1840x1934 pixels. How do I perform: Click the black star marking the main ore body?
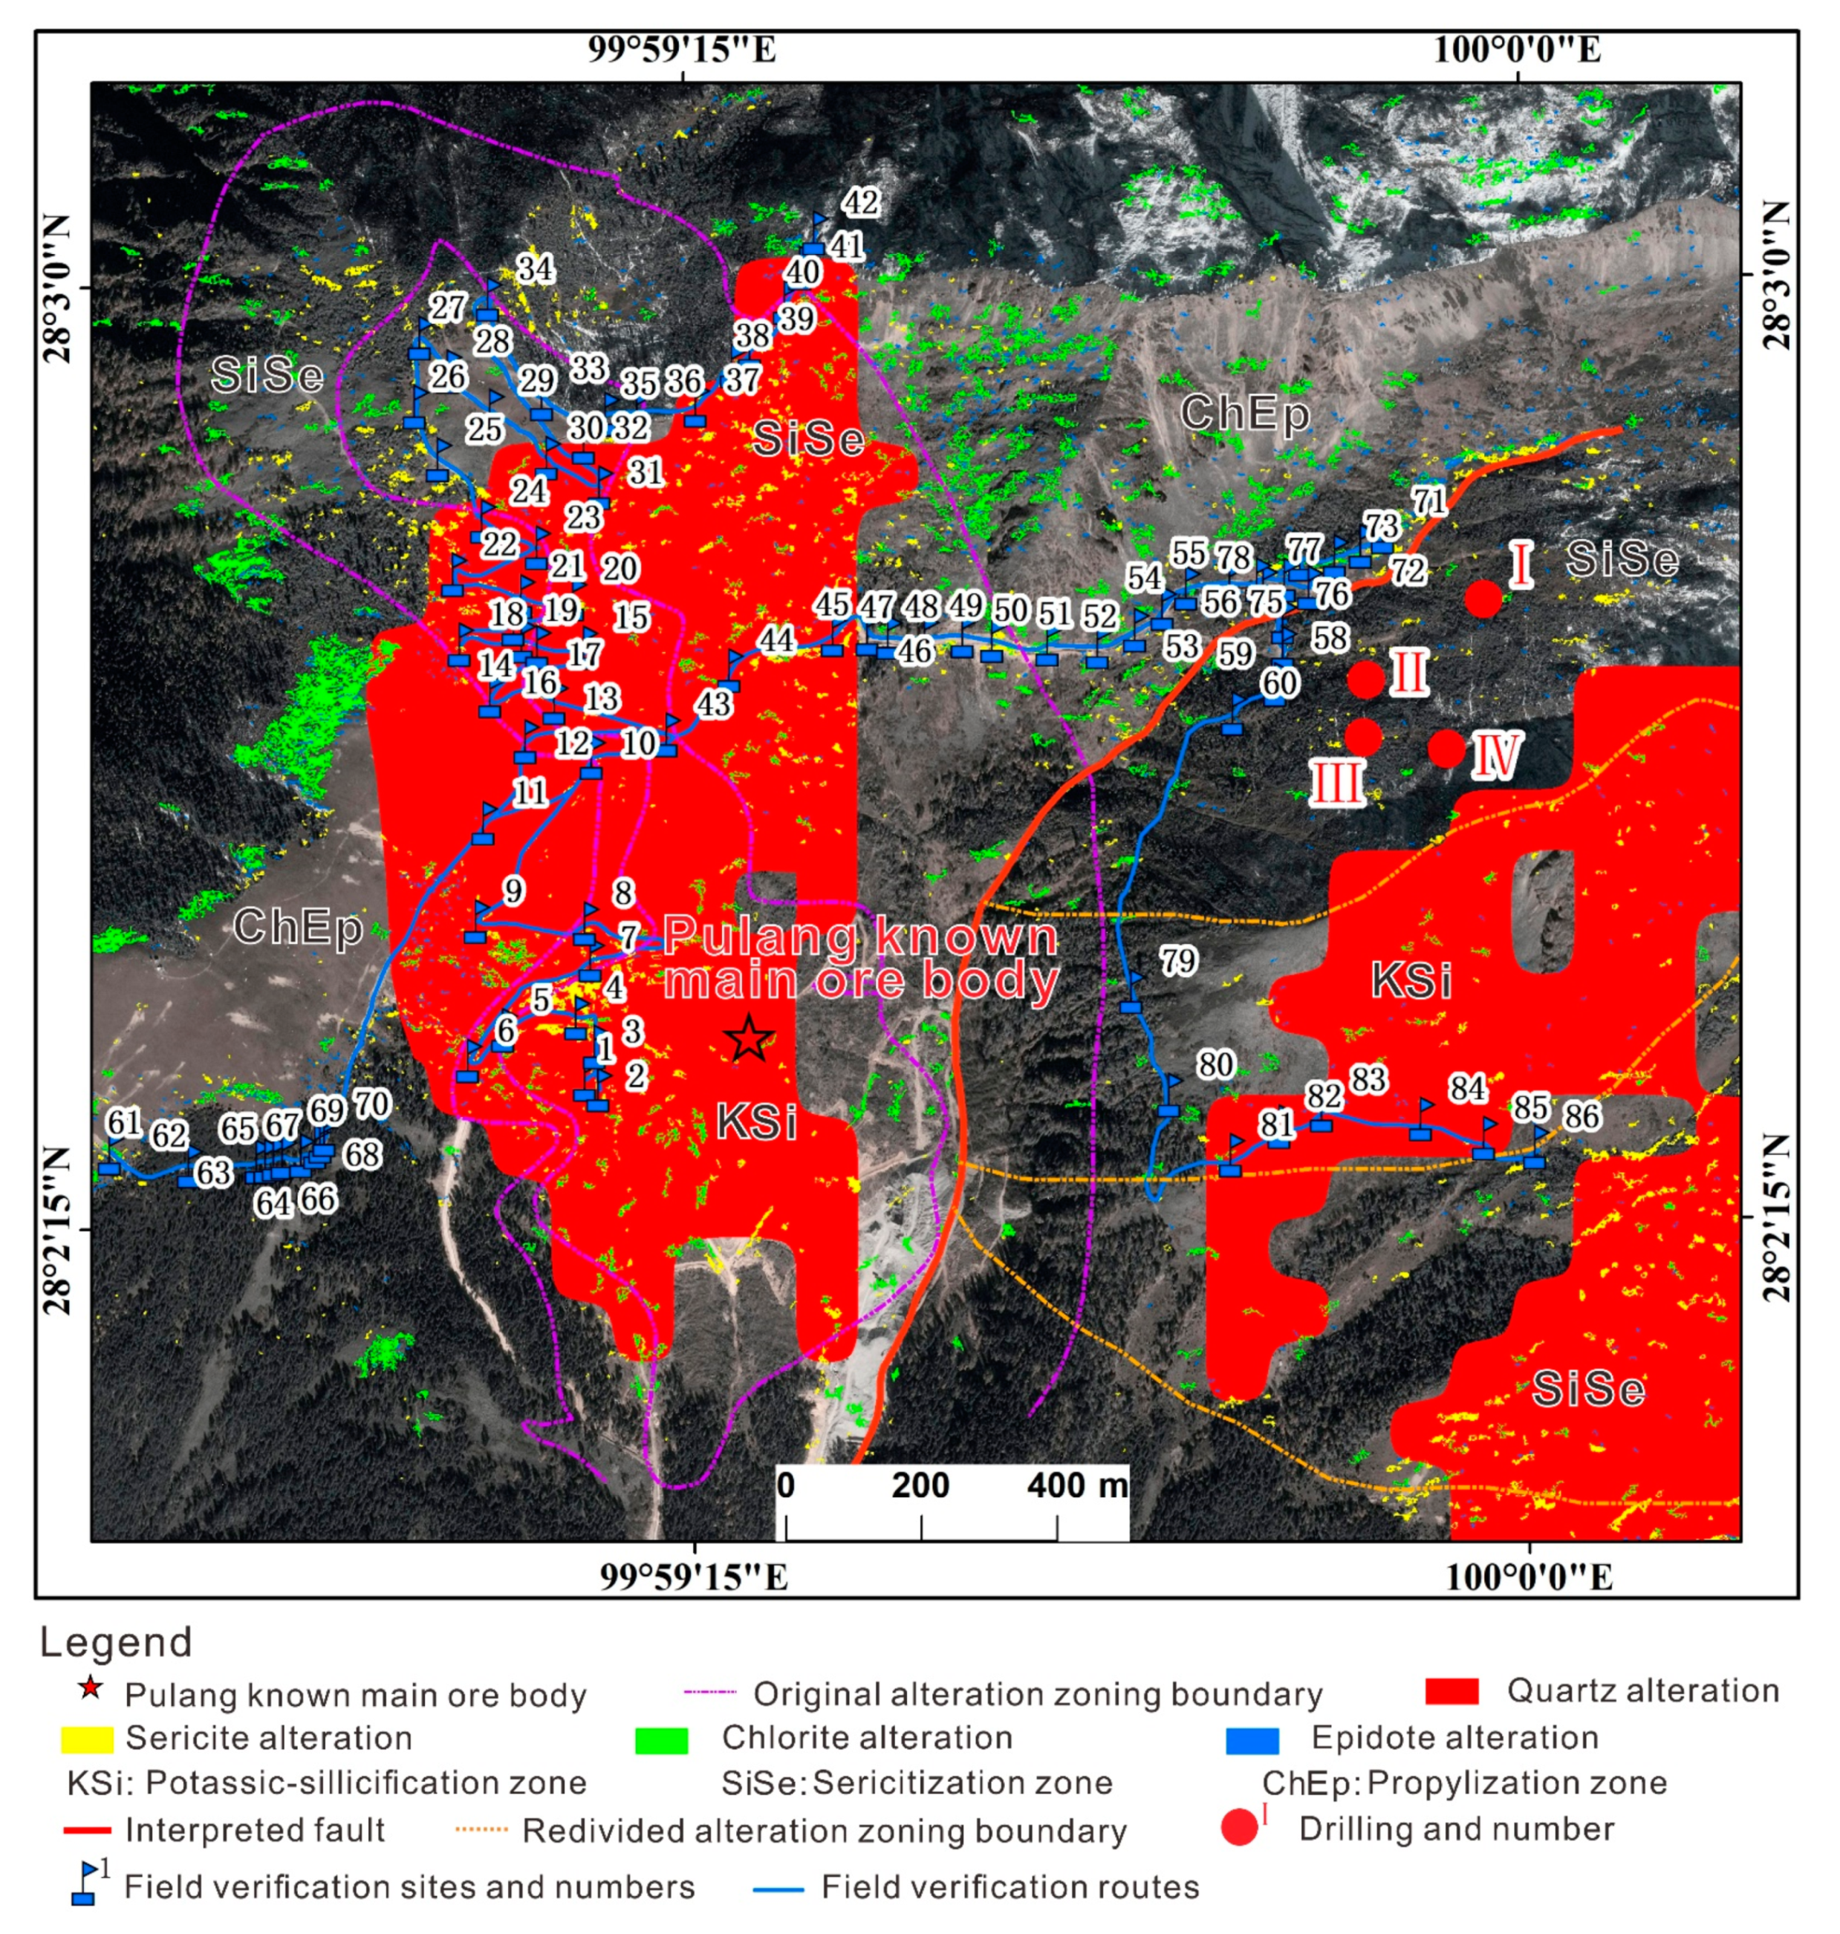coord(750,1038)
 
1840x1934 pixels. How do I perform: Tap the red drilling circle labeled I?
coord(1483,597)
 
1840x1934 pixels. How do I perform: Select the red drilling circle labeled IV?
coord(1446,749)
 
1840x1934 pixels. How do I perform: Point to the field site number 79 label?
coord(1178,960)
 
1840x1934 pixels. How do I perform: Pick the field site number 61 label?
coord(125,1121)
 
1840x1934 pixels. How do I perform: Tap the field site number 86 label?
coord(1581,1116)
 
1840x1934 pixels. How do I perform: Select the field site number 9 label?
coord(514,891)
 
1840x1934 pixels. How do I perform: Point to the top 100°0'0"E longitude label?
coord(1518,49)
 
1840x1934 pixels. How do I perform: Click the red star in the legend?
coord(89,1688)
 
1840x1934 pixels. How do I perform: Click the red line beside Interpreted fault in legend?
coord(86,1830)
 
